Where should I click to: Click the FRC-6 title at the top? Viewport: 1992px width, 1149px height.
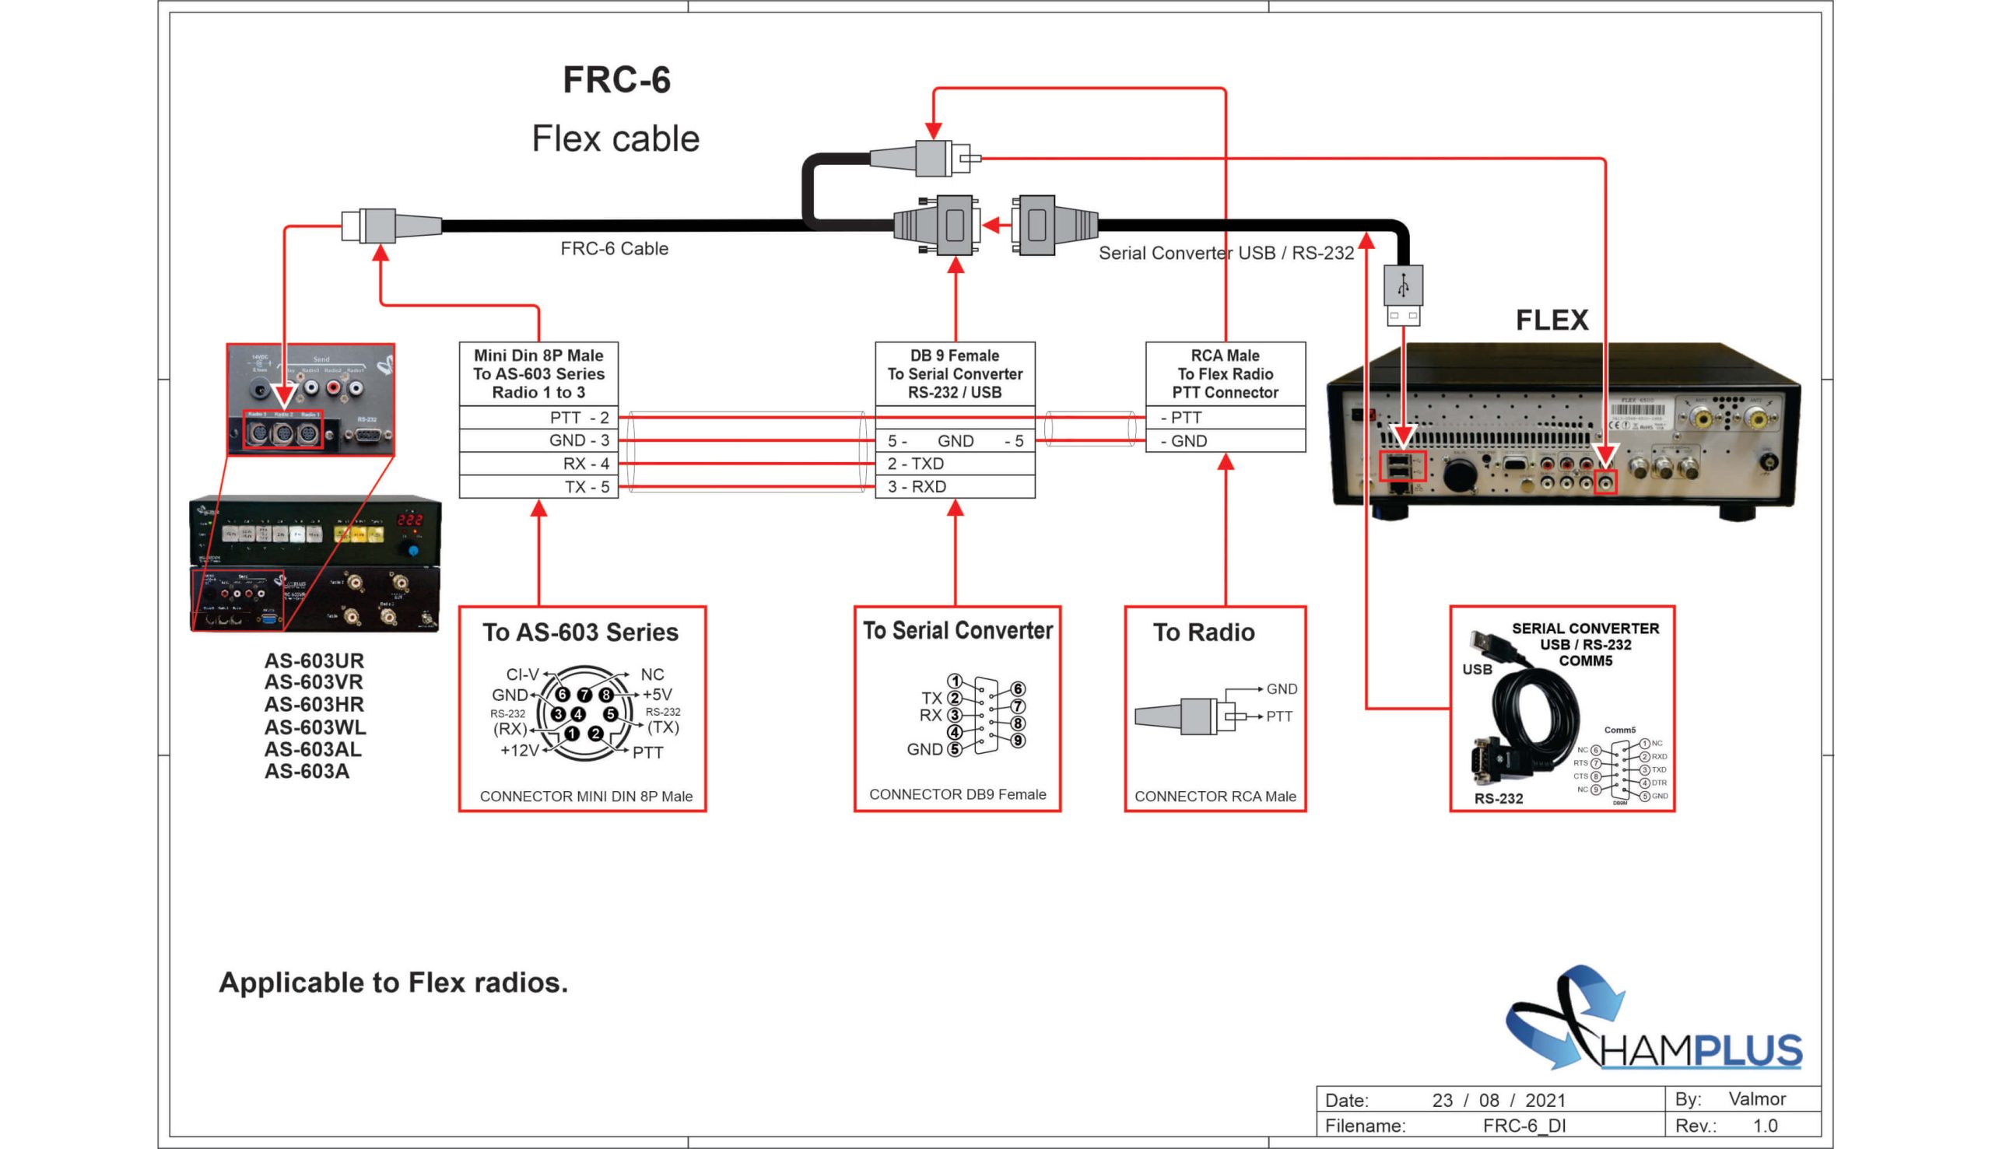point(616,80)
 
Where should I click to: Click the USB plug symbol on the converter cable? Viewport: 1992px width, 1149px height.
point(1402,286)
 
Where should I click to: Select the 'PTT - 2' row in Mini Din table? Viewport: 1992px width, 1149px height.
point(538,418)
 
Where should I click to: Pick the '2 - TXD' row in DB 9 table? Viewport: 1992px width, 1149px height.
point(954,463)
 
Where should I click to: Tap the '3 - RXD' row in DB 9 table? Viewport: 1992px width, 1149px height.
point(954,487)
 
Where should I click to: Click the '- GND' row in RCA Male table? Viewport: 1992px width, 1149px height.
point(1225,441)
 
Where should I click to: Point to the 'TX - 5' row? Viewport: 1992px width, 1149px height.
point(538,487)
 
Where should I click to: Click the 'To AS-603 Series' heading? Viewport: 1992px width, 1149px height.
point(580,632)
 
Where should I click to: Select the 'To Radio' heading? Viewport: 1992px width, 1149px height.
point(1204,632)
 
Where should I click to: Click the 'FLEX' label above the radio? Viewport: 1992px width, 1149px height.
point(1552,321)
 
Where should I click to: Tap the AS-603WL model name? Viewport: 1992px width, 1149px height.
point(314,727)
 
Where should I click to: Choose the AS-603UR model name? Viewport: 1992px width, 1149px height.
point(314,660)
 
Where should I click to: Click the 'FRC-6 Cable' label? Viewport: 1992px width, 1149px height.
point(614,249)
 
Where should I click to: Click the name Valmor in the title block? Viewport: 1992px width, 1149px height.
point(1757,1098)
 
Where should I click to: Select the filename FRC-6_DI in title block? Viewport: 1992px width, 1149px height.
point(1524,1126)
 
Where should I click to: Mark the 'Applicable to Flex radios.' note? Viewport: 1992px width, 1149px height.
point(393,983)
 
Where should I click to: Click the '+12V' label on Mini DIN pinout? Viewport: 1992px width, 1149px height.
point(519,751)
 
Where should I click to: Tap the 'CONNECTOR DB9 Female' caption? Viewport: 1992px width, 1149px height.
point(957,795)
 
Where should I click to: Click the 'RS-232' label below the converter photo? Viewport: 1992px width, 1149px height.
point(1498,799)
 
